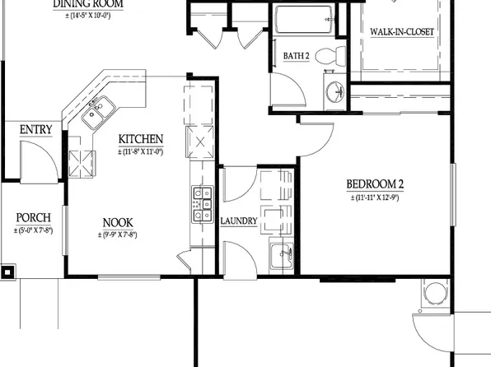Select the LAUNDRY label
click(x=240, y=221)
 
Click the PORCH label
click(x=34, y=218)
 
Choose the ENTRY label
click(x=36, y=129)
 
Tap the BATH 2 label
click(x=297, y=56)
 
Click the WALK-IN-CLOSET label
click(x=402, y=32)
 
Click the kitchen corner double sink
click(x=96, y=111)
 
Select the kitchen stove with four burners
click(x=201, y=206)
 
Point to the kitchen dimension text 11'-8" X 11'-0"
click(x=140, y=151)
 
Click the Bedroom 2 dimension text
click(x=374, y=197)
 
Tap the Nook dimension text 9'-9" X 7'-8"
click(x=118, y=235)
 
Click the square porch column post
click(x=7, y=271)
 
